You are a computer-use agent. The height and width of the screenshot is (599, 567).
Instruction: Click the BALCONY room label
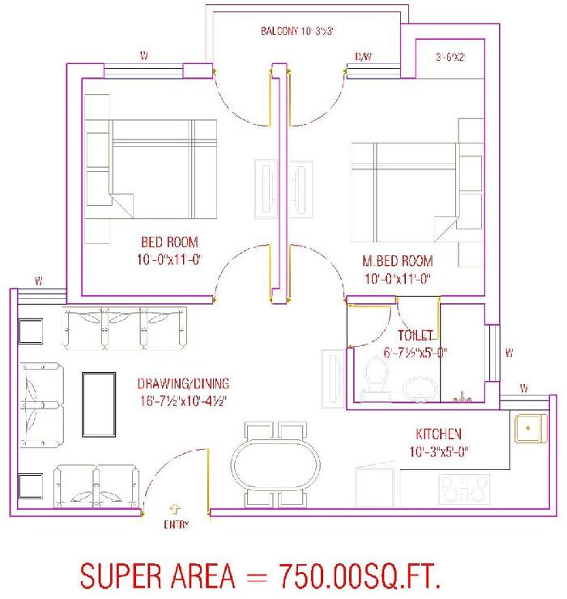279,31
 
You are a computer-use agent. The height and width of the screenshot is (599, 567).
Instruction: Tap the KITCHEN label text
438,434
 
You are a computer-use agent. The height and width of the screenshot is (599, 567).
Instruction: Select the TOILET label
415,336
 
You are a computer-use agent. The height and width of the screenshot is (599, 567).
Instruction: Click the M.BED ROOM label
398,261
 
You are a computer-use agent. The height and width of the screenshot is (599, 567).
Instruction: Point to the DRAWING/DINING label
183,383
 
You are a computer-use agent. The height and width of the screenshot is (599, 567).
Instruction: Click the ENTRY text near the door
176,524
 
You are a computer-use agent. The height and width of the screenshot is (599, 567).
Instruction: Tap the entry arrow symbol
175,509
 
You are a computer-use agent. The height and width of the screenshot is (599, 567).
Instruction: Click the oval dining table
275,464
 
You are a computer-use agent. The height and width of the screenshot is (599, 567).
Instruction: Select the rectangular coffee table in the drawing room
99,404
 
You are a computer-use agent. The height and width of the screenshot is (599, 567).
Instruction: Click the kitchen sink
531,428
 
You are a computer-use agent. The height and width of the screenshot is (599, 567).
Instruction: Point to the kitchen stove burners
464,489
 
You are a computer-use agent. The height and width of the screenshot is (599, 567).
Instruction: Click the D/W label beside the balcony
363,57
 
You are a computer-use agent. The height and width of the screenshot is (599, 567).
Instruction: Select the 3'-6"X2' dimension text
450,58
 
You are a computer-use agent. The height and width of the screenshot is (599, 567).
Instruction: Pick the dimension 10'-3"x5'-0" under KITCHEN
439,452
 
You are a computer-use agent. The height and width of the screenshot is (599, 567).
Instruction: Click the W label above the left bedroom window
143,56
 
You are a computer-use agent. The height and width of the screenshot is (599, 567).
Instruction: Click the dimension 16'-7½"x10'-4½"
183,401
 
